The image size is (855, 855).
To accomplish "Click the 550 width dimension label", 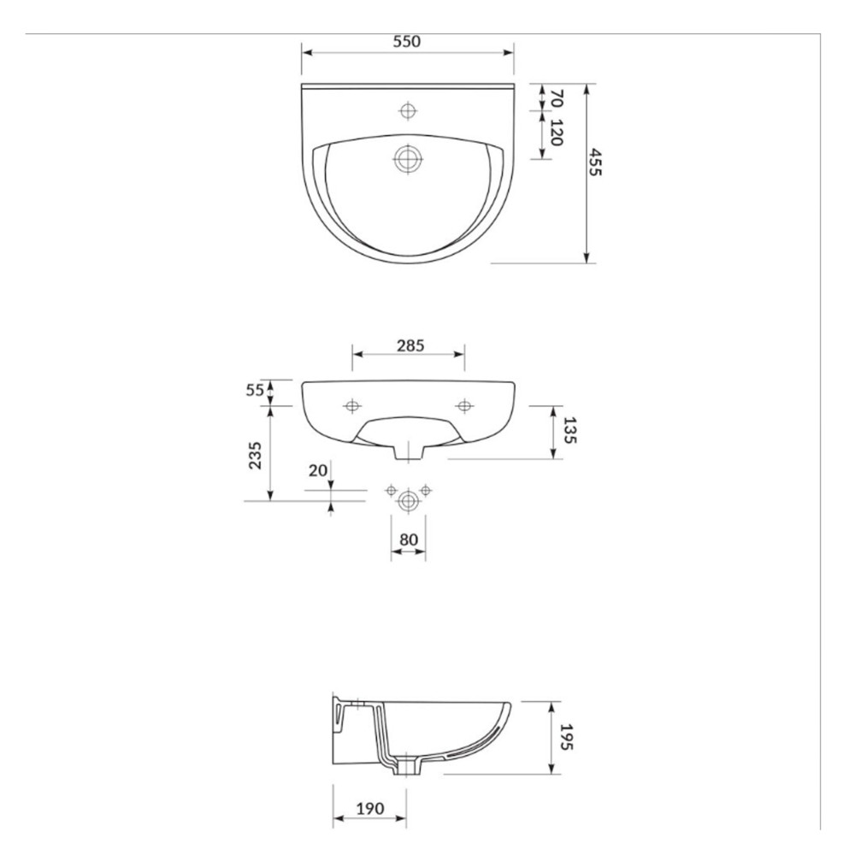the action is coord(407,41).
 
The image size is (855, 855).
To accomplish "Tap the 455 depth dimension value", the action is coord(594,162).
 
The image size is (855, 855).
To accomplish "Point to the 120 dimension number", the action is coord(557,133).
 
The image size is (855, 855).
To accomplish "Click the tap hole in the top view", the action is coord(408,110).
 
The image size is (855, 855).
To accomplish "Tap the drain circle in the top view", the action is coord(408,159).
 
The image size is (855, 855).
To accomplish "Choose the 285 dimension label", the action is coord(410,345).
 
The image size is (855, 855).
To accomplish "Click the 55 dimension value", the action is coord(255,391).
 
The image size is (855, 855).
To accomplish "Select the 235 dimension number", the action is coord(255,455).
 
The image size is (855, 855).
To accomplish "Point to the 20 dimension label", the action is coord(318,470).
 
